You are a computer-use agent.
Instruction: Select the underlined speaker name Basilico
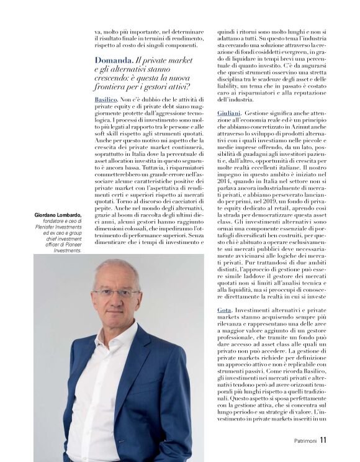107,99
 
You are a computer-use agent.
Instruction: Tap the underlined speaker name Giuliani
229,113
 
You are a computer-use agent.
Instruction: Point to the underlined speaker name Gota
224,309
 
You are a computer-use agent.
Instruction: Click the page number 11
324,440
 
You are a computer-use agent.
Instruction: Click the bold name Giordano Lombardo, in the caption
57,215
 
